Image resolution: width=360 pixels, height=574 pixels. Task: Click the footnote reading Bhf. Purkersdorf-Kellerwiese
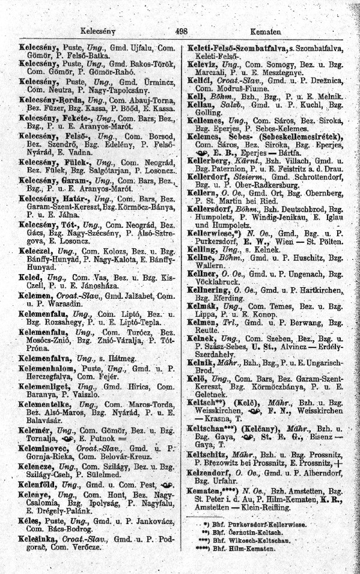point(264,524)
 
